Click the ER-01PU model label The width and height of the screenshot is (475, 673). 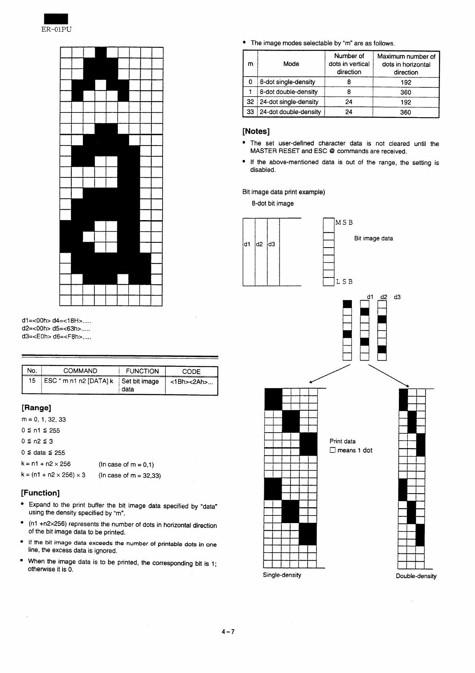coord(57,29)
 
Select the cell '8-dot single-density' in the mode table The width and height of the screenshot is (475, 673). coord(287,82)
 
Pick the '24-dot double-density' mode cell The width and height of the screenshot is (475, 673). coord(290,112)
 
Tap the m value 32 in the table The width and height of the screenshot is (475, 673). coord(250,102)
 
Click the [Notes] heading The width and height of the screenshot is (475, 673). coord(256,131)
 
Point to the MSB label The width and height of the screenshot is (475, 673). coord(344,222)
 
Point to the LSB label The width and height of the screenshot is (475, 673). coord(344,281)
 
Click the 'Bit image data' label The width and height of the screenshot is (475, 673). coord(373,238)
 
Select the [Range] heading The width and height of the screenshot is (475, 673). coord(36,408)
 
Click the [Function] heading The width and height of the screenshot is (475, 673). coord(40,493)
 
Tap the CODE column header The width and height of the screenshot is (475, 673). coord(191,372)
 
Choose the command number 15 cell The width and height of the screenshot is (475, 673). coord(32,381)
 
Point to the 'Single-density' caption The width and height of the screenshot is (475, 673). coord(282,575)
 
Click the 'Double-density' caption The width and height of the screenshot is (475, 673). coord(416,576)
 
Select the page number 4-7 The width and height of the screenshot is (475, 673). coord(228,632)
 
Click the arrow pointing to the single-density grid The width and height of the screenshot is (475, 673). coord(330,374)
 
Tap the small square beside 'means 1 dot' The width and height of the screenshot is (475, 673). coord(332,450)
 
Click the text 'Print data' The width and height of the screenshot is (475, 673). coord(342,441)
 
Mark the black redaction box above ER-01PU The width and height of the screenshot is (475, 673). coord(56,19)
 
